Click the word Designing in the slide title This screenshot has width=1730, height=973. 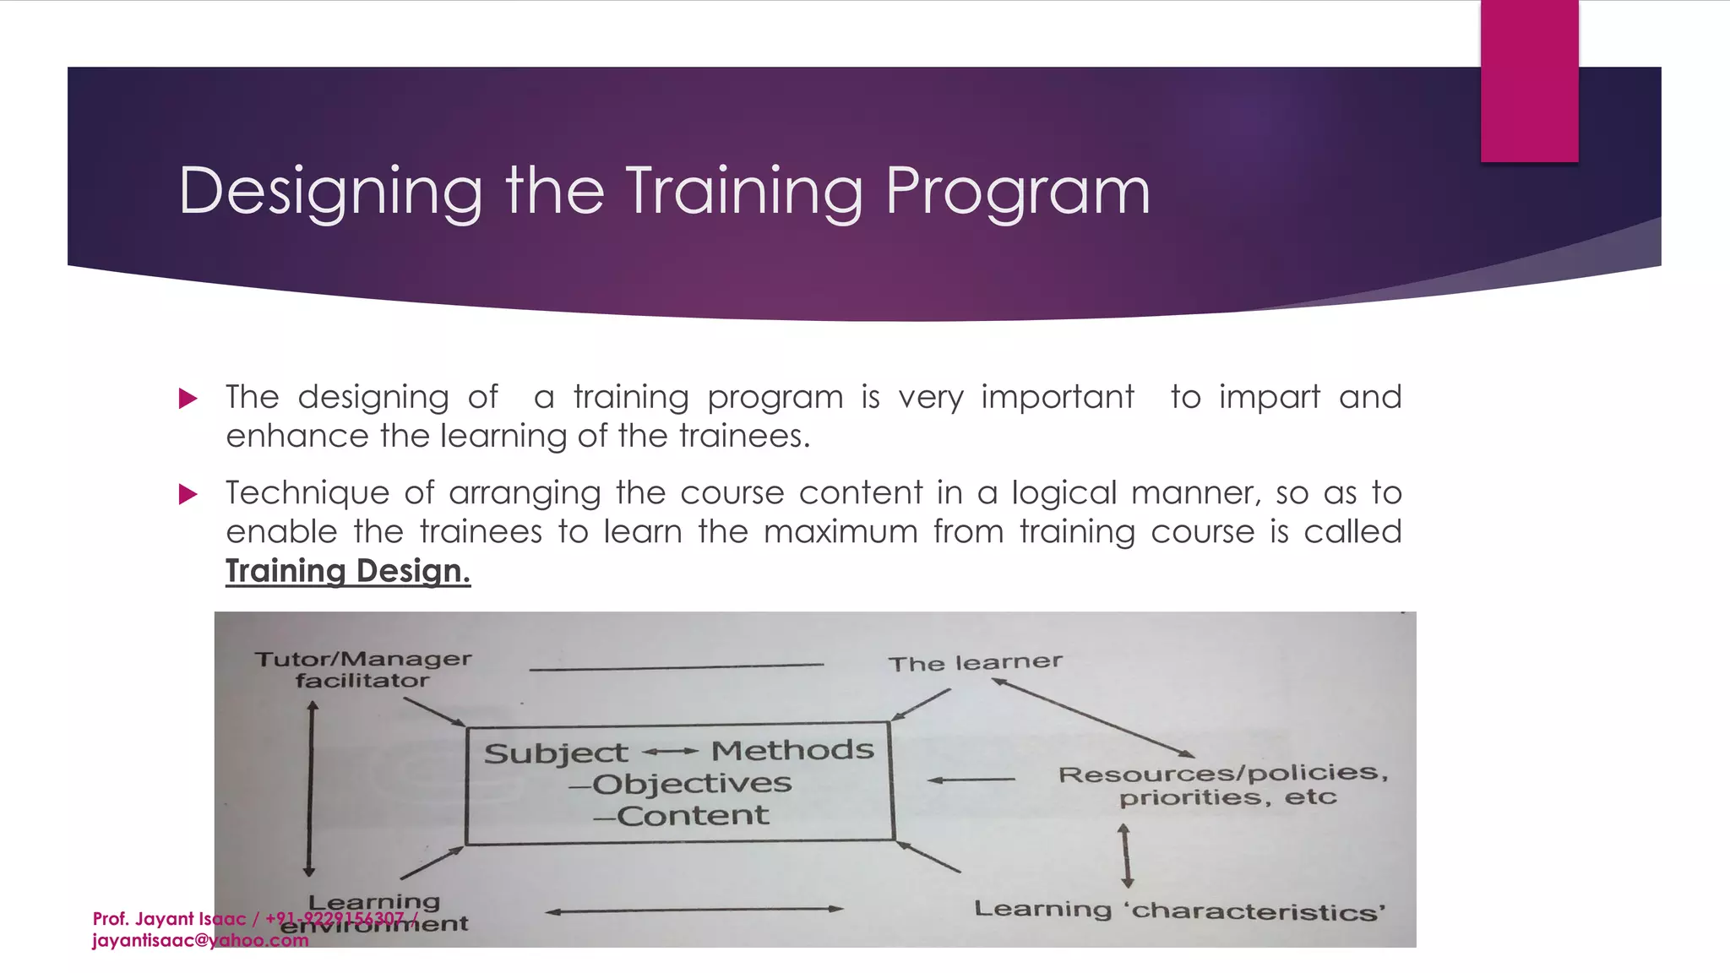point(329,193)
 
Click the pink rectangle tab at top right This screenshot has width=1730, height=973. point(1529,80)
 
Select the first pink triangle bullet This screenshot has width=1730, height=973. point(188,398)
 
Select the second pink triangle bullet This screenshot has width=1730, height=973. point(188,494)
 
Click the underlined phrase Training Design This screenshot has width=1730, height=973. point(347,571)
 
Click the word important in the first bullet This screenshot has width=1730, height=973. point(1057,397)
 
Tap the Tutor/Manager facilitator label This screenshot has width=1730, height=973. point(362,669)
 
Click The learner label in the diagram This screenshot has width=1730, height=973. point(975,662)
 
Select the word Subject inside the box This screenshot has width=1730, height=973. point(555,753)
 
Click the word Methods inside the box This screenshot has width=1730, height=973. point(792,750)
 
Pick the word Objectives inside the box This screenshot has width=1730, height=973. point(691,784)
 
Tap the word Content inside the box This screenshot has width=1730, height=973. point(692,816)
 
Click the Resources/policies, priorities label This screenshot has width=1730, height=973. point(1224,785)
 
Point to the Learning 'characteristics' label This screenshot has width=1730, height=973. point(1179,910)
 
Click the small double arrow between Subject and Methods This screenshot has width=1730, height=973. point(670,751)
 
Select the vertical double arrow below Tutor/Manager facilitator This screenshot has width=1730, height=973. point(310,790)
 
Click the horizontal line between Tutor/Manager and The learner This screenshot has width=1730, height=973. point(676,667)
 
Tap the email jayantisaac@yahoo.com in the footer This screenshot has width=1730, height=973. point(200,941)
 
